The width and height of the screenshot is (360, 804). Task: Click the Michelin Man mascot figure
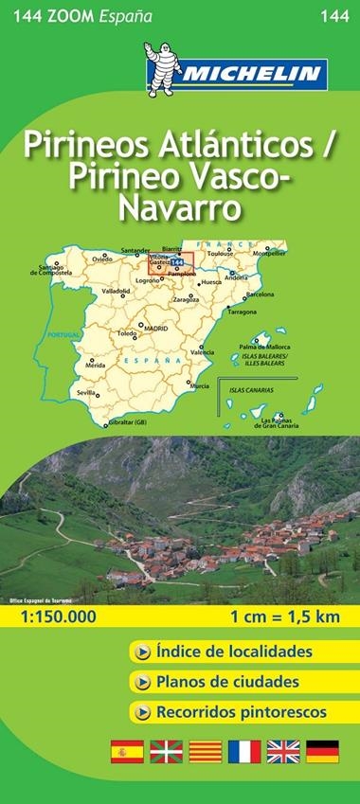(161, 68)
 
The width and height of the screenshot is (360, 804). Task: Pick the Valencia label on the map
(202, 352)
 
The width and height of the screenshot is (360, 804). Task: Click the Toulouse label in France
(220, 255)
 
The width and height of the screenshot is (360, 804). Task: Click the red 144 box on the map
(176, 275)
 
